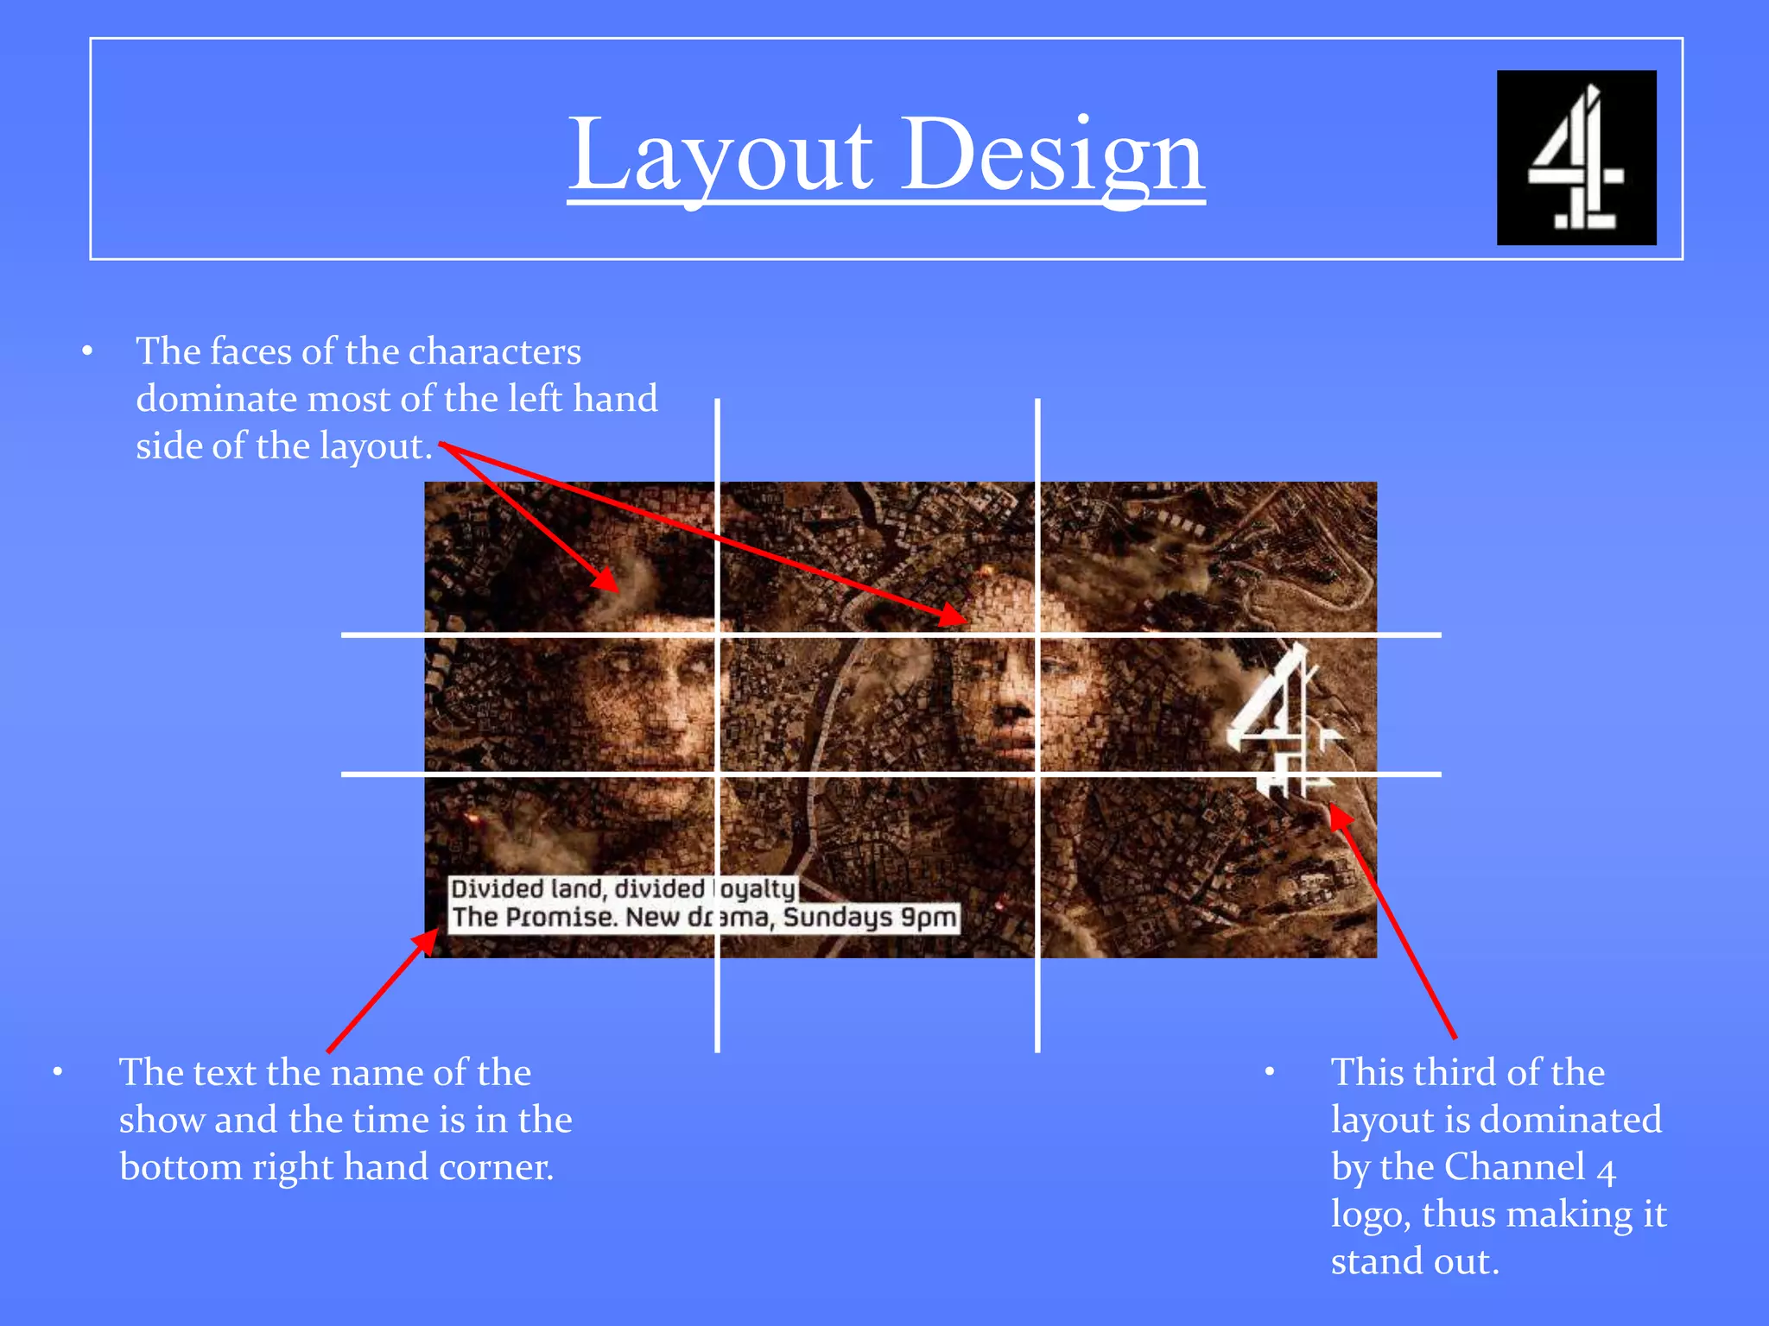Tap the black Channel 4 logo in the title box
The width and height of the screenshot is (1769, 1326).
tap(1576, 158)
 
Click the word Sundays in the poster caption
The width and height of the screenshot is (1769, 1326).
tap(838, 917)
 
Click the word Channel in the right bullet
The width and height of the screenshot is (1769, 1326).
tap(1515, 1167)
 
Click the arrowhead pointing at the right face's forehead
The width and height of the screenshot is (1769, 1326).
tap(954, 616)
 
